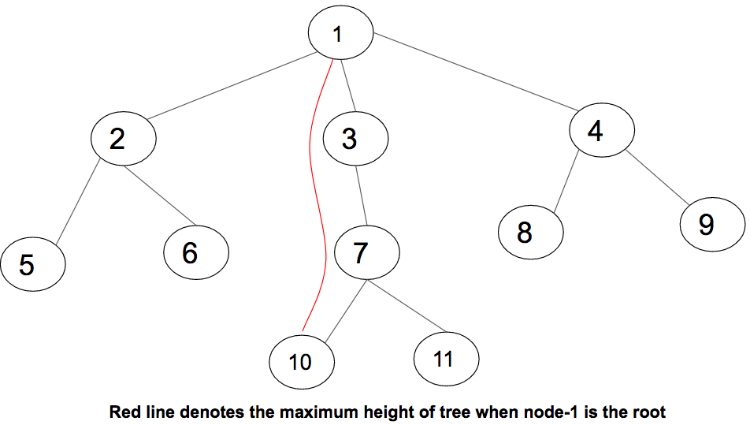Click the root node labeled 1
[340, 32]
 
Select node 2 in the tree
[124, 138]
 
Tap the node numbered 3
[355, 138]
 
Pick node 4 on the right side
[602, 129]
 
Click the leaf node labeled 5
[33, 263]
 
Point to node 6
[196, 252]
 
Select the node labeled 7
[367, 252]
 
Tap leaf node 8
[531, 232]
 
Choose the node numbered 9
[713, 224]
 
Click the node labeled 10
[302, 362]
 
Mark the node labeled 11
[446, 359]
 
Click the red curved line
[316, 192]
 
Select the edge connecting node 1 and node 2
[232, 86]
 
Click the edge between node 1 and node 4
[476, 72]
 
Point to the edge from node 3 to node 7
[361, 196]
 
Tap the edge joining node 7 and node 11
[407, 306]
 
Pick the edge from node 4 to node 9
[657, 177]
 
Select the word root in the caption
[649, 412]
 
